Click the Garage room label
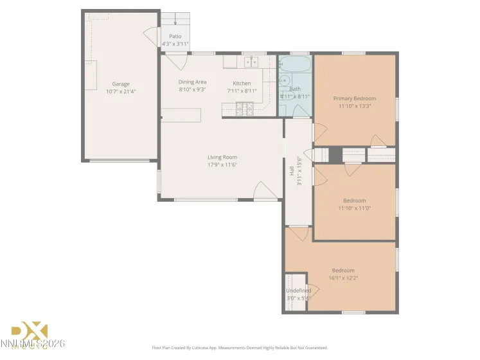point(121,84)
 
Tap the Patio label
point(175,37)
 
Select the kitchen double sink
point(250,62)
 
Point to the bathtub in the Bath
point(295,64)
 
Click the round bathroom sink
point(283,81)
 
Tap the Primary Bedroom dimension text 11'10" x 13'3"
point(354,106)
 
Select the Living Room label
point(222,157)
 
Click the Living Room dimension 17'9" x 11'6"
point(222,165)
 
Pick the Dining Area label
point(192,82)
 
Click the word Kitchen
point(242,84)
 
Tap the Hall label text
point(291,171)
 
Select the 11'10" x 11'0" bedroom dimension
point(354,208)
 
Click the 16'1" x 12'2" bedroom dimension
point(343,278)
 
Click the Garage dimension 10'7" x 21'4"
point(121,91)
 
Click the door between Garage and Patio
point(152,37)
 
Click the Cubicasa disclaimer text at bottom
point(240,348)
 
